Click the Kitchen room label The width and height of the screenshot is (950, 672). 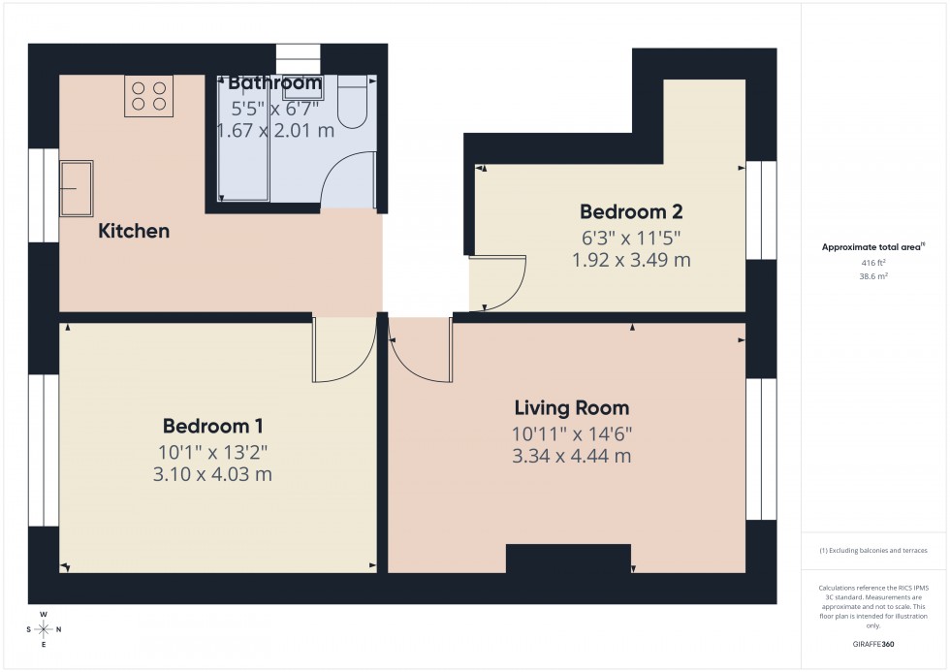coord(134,231)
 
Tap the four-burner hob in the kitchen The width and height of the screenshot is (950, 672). coord(146,96)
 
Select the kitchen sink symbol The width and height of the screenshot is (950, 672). coord(77,188)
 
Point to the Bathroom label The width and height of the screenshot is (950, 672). coord(274,82)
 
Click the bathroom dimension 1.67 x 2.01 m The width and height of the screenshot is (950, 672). coord(274,129)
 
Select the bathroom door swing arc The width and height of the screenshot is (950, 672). coord(347,180)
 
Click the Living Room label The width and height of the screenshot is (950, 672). coord(572,408)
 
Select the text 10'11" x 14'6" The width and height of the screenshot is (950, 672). coord(572,432)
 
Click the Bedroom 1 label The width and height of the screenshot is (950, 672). coord(213,426)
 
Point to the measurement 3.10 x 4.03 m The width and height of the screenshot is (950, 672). coord(213,474)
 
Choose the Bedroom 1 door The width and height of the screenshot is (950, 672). coord(343,349)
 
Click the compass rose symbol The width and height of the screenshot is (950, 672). coord(44,629)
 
